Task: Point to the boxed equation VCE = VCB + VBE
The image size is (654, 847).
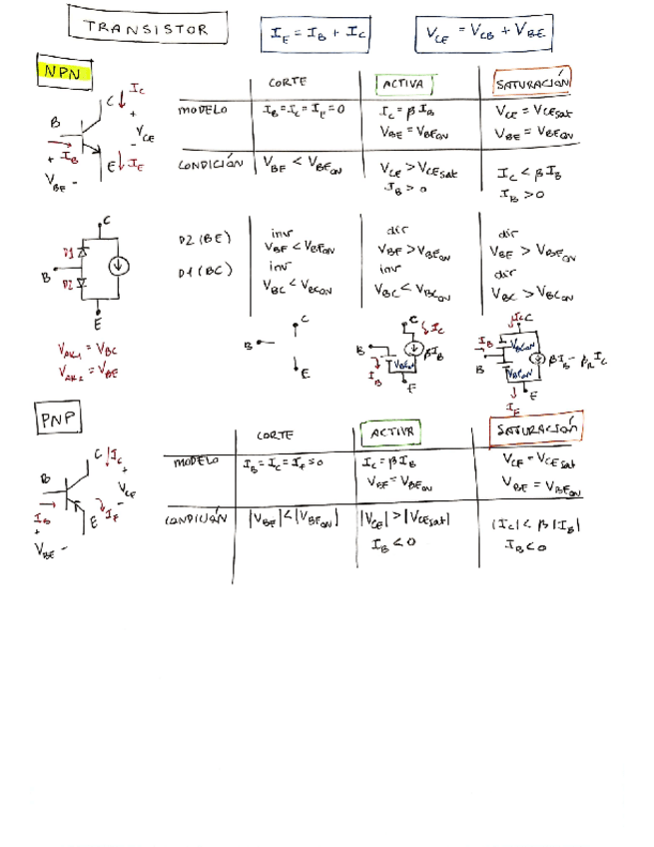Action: click(x=484, y=34)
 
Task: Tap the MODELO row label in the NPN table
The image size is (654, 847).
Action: click(x=202, y=111)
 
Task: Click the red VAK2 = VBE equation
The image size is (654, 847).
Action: click(x=88, y=372)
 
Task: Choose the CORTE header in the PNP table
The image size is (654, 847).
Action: click(x=274, y=435)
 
